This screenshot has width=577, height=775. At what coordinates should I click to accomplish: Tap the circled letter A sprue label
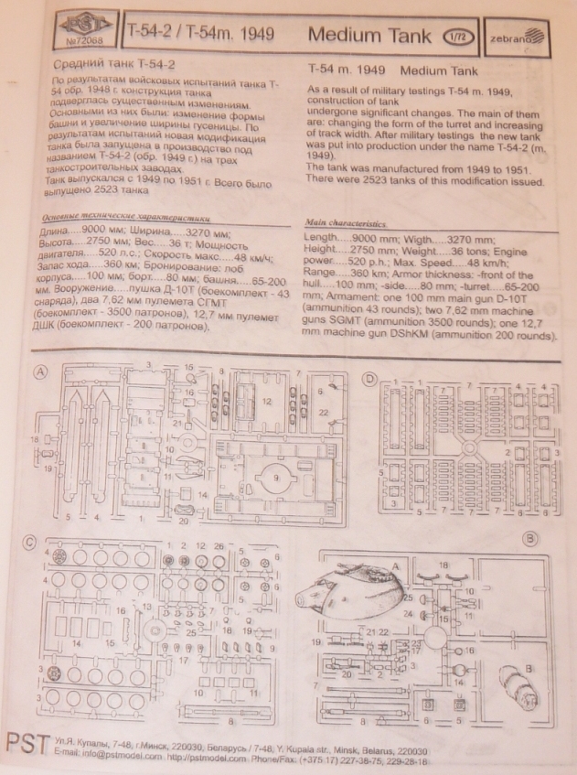coord(42,372)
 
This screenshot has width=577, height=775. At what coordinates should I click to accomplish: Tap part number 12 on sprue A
coord(267,400)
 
